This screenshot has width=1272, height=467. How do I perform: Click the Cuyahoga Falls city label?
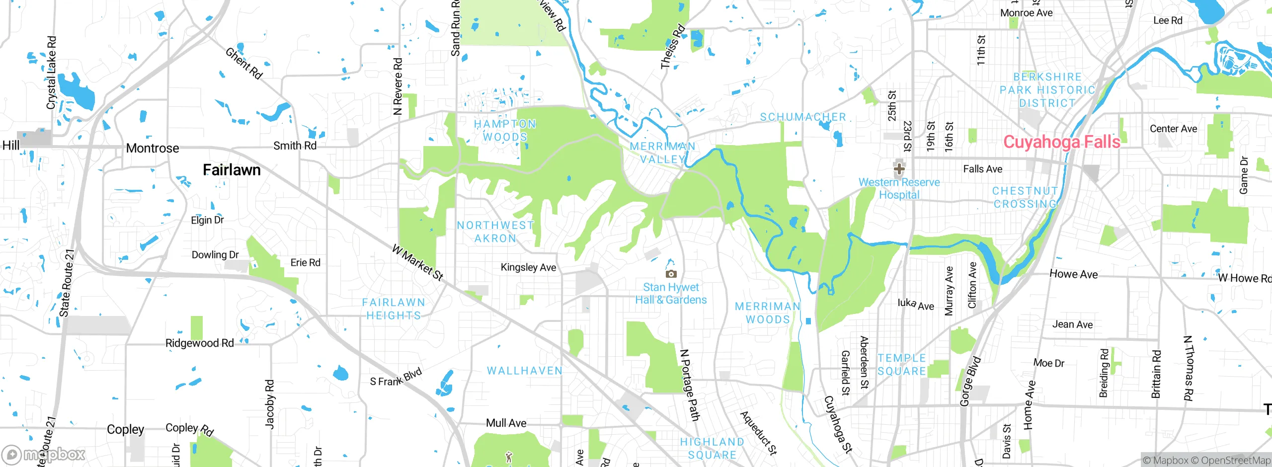click(x=1061, y=142)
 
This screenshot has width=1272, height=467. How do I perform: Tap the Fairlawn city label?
click(x=232, y=170)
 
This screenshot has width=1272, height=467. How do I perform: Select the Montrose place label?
click(x=153, y=148)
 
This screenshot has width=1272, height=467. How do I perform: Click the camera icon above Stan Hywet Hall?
click(x=671, y=274)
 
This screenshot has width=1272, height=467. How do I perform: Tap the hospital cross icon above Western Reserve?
click(x=899, y=169)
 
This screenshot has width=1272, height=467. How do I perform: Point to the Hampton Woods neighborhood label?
click(x=504, y=130)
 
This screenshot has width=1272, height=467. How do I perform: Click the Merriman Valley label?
click(x=662, y=153)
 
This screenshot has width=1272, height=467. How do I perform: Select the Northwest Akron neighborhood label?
click(x=495, y=232)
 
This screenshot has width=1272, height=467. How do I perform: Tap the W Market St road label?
click(x=417, y=262)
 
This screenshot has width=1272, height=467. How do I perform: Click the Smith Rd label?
click(x=295, y=146)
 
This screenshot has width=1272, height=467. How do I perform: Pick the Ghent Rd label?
click(x=243, y=63)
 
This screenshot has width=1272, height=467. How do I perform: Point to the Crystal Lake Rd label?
click(x=51, y=73)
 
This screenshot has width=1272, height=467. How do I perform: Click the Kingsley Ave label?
click(x=528, y=267)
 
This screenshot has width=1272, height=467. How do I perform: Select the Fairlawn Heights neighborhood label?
click(x=393, y=309)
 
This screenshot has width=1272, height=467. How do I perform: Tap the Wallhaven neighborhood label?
click(x=525, y=371)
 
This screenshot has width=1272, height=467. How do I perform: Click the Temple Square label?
click(x=901, y=364)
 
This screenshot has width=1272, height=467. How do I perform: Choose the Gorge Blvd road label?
click(x=970, y=381)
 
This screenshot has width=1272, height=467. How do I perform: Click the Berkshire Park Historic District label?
click(x=1047, y=90)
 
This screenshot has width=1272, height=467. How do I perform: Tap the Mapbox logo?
click(x=44, y=454)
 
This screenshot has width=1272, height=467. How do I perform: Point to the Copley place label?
click(x=125, y=429)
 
